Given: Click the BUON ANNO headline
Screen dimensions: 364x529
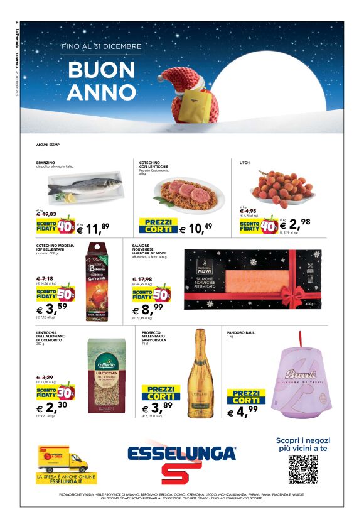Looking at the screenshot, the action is (102, 81).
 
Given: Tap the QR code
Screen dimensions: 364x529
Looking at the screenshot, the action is (302, 469).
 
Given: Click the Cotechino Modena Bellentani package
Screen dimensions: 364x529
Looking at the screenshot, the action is (98, 285).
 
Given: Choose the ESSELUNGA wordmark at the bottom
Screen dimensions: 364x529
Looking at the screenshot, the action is (181, 453).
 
